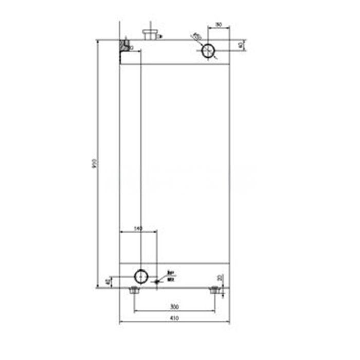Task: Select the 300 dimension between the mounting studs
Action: click(174, 307)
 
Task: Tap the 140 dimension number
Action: click(138, 228)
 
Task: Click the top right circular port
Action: click(208, 51)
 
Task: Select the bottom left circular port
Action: click(140, 276)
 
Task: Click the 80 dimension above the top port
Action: click(218, 24)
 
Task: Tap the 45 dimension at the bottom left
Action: click(107, 282)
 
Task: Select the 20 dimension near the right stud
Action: click(221, 278)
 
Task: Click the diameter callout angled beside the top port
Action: click(196, 37)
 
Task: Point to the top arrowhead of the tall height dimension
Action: click(97, 41)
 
